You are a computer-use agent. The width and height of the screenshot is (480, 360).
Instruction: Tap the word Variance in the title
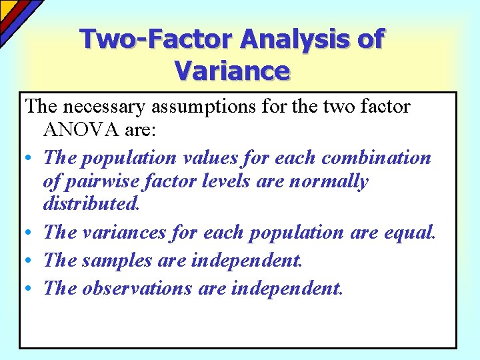231,70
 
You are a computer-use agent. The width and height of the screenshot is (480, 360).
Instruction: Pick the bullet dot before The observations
29,289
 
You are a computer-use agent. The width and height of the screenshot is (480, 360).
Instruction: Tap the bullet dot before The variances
29,233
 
